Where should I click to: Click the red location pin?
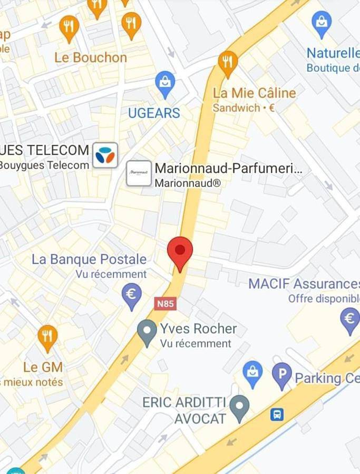click(x=180, y=251)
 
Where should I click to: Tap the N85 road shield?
click(x=166, y=304)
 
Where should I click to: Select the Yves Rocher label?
click(x=198, y=329)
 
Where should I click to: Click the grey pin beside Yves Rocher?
click(x=147, y=331)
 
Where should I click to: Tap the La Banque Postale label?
click(x=89, y=259)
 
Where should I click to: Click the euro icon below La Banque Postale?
click(x=132, y=295)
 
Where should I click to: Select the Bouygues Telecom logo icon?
click(x=105, y=155)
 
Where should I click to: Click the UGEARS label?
click(x=154, y=113)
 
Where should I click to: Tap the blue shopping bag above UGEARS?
click(x=165, y=83)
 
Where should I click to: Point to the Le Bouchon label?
click(x=91, y=57)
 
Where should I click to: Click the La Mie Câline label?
click(x=255, y=93)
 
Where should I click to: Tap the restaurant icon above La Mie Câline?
click(x=228, y=62)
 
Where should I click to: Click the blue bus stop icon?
click(x=277, y=414)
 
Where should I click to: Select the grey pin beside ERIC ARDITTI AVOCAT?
click(x=240, y=407)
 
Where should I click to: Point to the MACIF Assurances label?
click(x=304, y=284)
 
